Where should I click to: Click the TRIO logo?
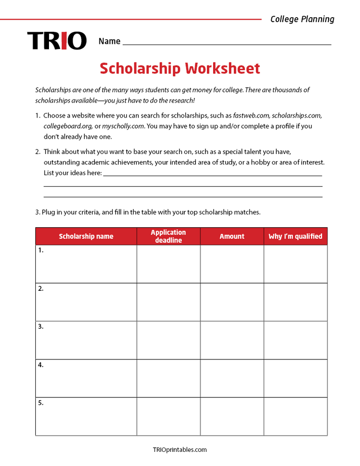pos(57,41)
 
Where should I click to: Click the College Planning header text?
pos(302,19)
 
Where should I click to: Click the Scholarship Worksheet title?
pos(180,68)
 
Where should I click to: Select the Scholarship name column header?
pos(86,236)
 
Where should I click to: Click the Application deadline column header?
pos(168,236)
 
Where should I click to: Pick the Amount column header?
pos(232,236)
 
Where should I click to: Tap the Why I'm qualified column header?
pos(295,236)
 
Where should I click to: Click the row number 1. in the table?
pos(41,250)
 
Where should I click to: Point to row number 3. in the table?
pos(41,327)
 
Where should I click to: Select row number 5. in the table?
pos(41,403)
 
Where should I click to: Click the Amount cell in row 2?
pos(232,302)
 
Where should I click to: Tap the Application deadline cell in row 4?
pos(168,378)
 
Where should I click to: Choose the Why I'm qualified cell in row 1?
pos(295,264)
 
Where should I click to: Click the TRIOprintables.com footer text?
pos(180,449)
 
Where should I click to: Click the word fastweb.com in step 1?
pos(248,116)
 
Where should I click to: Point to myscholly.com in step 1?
pos(123,126)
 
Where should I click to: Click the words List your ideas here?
pos(72,173)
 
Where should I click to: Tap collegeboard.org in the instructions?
pos(68,126)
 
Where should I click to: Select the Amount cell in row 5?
pos(232,417)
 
